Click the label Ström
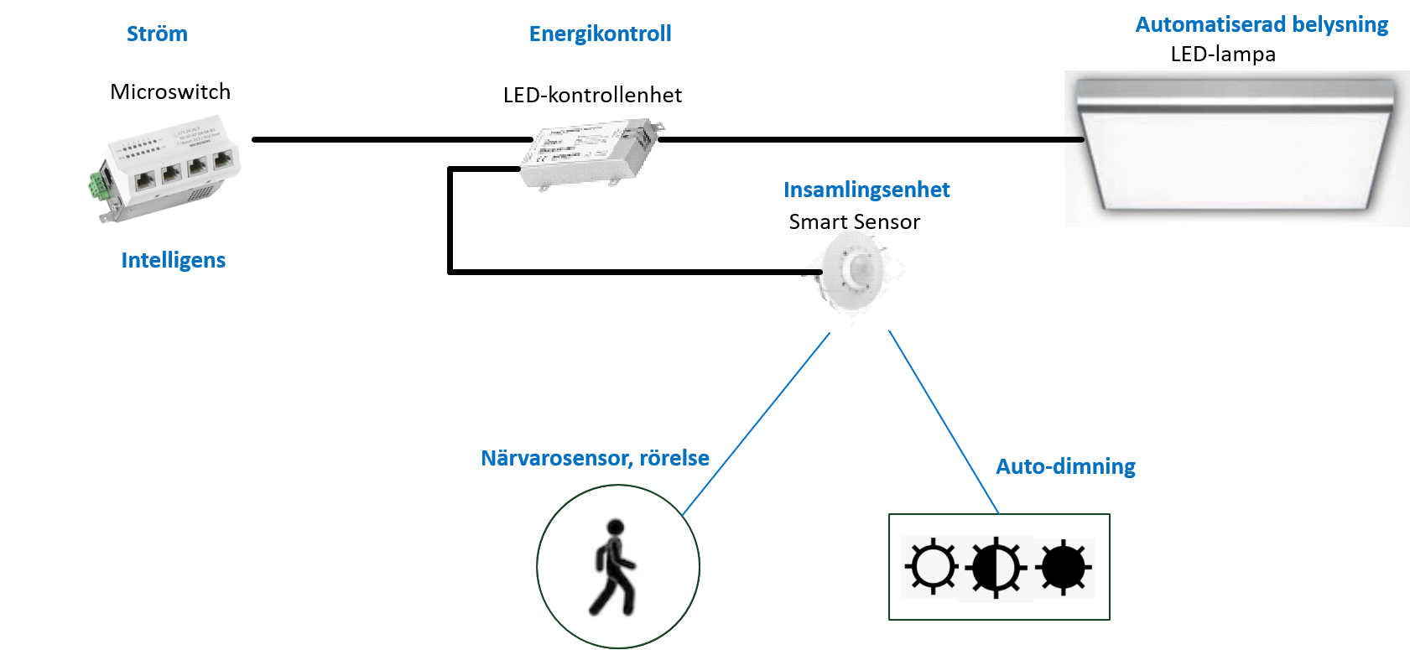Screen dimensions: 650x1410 click(157, 34)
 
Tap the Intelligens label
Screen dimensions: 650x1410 click(173, 260)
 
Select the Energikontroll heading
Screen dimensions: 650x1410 click(600, 34)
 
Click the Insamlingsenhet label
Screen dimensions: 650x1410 click(866, 190)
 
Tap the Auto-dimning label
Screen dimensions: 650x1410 click(1065, 466)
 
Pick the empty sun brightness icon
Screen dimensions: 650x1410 click(932, 567)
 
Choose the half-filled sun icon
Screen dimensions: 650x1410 click(996, 568)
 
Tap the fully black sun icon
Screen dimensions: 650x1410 click(1064, 568)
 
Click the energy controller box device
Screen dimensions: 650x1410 click(591, 151)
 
